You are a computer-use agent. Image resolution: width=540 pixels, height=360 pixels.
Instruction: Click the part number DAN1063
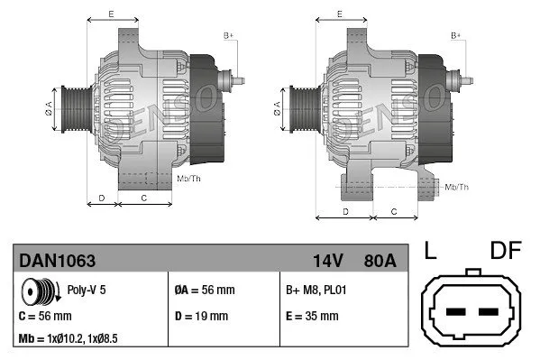pyautogui.click(x=57, y=261)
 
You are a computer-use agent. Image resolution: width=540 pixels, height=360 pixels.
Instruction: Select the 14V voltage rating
pyautogui.click(x=327, y=261)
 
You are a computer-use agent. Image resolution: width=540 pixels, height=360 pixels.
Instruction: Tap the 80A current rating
pyautogui.click(x=379, y=261)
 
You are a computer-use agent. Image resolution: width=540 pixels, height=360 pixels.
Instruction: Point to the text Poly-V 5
pyautogui.click(x=87, y=291)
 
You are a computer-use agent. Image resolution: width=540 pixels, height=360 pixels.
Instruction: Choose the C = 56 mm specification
pyautogui.click(x=45, y=316)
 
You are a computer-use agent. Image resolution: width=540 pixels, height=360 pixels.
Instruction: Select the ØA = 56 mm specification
pyautogui.click(x=204, y=291)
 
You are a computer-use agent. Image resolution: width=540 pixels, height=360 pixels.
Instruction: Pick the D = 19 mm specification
pyautogui.click(x=201, y=316)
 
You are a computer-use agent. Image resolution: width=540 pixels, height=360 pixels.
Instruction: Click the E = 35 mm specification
pyautogui.click(x=312, y=316)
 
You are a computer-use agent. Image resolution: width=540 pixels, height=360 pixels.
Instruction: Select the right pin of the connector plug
pyautogui.click(x=488, y=312)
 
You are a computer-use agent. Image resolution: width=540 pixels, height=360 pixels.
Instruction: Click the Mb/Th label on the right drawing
pyautogui.click(x=456, y=187)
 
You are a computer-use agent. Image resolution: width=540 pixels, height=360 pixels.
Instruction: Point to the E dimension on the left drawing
pyautogui.click(x=111, y=14)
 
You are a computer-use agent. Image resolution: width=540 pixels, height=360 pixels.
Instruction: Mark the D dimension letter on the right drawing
pyautogui.click(x=345, y=210)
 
